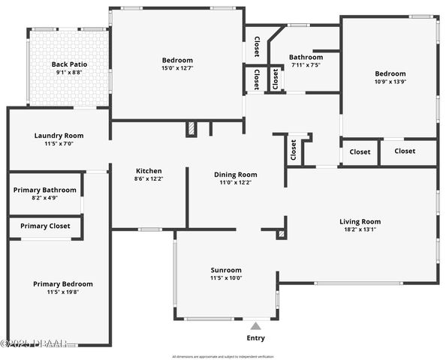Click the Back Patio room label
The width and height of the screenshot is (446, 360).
[68, 64]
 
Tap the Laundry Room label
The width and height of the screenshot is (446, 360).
[59, 136]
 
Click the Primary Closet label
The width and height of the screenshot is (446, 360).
[45, 226]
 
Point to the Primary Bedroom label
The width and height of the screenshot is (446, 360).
[63, 283]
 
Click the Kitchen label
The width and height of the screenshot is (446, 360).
[149, 171]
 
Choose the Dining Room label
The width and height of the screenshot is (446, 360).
[236, 174]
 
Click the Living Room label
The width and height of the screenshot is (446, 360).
[360, 221]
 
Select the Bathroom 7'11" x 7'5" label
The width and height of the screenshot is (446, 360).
[306, 57]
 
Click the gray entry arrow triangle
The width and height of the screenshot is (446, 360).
[256, 326]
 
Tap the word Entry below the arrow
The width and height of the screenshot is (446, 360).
[256, 338]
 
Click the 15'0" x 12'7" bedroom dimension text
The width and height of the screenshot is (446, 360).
[177, 69]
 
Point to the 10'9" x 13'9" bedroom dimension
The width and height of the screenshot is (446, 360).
[390, 82]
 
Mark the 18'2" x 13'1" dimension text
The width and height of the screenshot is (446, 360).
[360, 230]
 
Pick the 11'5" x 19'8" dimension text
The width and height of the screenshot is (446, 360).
[63, 293]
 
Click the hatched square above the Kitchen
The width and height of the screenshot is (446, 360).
[191, 129]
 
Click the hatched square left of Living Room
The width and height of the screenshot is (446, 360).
[282, 234]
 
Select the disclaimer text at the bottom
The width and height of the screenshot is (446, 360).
[223, 356]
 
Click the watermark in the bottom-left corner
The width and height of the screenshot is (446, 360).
[34, 343]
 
